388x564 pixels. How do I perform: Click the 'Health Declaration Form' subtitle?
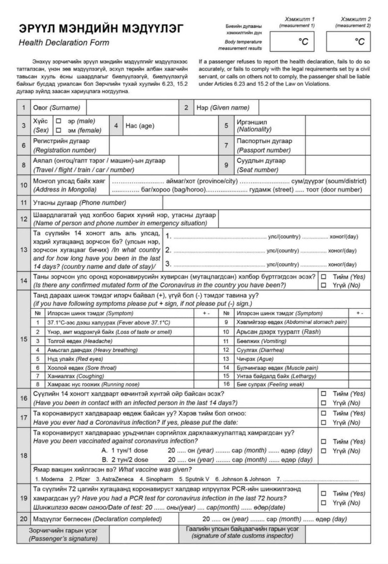64,43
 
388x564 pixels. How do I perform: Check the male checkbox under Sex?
59,121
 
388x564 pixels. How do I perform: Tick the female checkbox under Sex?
59,130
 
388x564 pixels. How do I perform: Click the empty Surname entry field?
132,108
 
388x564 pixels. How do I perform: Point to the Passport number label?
264,145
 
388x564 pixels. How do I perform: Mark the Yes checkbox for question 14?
323,277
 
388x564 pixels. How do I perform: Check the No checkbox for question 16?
323,403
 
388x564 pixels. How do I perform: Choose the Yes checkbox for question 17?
323,414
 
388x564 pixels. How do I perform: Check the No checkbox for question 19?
323,503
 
